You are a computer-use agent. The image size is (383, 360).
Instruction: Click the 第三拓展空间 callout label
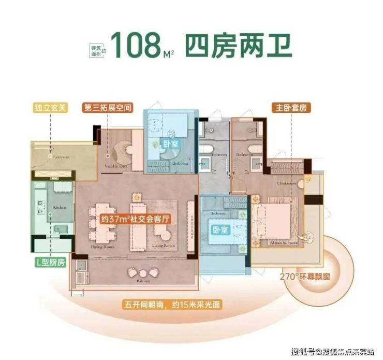[108, 108]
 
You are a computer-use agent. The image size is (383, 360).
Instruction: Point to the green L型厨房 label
[50, 262]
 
